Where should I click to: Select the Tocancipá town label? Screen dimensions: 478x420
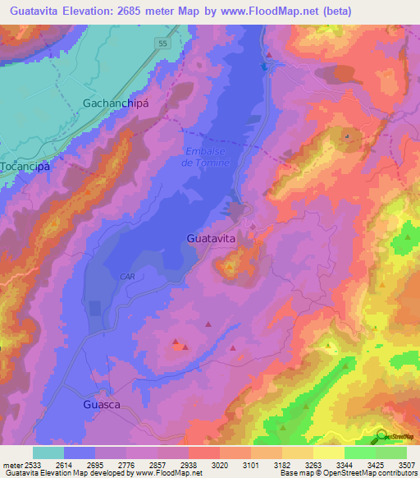point(26,166)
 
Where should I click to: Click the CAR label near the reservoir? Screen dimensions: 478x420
point(126,277)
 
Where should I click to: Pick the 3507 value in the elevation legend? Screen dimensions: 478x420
point(405,466)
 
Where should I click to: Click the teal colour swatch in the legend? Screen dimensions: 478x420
point(48,453)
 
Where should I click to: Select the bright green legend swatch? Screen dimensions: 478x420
point(359,453)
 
